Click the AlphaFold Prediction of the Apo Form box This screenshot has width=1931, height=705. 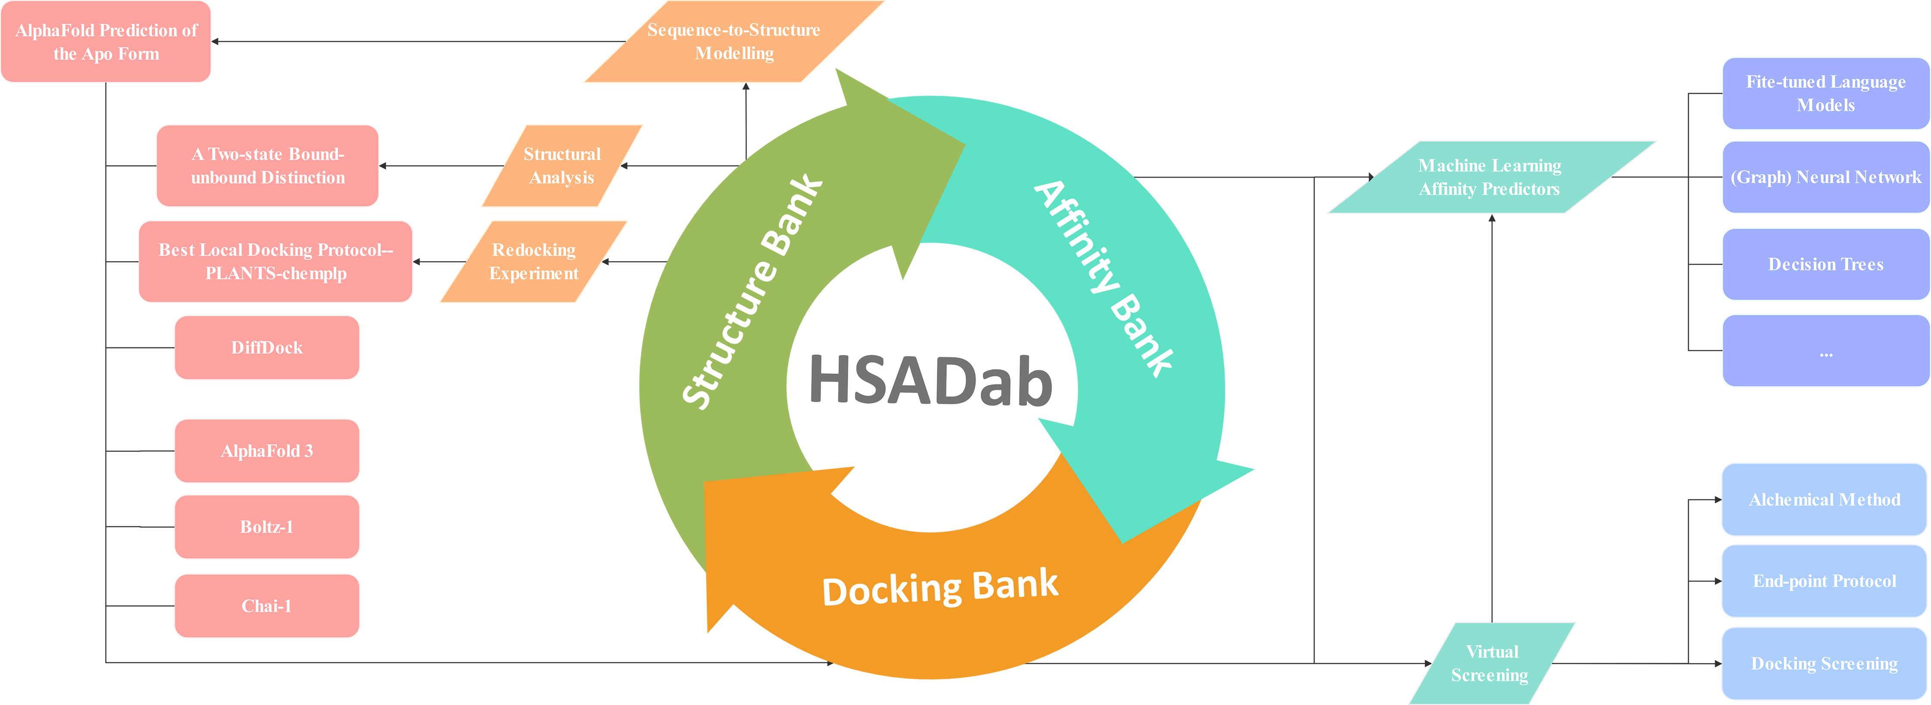(106, 41)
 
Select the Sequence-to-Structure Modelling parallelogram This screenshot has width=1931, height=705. (734, 41)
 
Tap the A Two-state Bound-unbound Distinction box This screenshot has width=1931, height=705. (267, 166)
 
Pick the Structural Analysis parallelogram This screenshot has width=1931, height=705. (562, 166)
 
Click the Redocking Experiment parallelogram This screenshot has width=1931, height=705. (534, 262)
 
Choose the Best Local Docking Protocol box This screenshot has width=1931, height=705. (276, 262)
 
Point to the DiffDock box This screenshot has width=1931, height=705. (267, 347)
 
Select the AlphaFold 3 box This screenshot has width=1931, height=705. (267, 451)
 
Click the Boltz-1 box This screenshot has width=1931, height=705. (267, 527)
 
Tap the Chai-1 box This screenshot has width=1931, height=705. (267, 606)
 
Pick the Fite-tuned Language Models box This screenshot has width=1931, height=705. (1825, 93)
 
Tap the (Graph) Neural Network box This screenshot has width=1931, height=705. (1825, 177)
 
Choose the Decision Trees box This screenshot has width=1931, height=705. (1825, 264)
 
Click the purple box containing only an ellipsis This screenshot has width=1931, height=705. (1825, 350)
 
